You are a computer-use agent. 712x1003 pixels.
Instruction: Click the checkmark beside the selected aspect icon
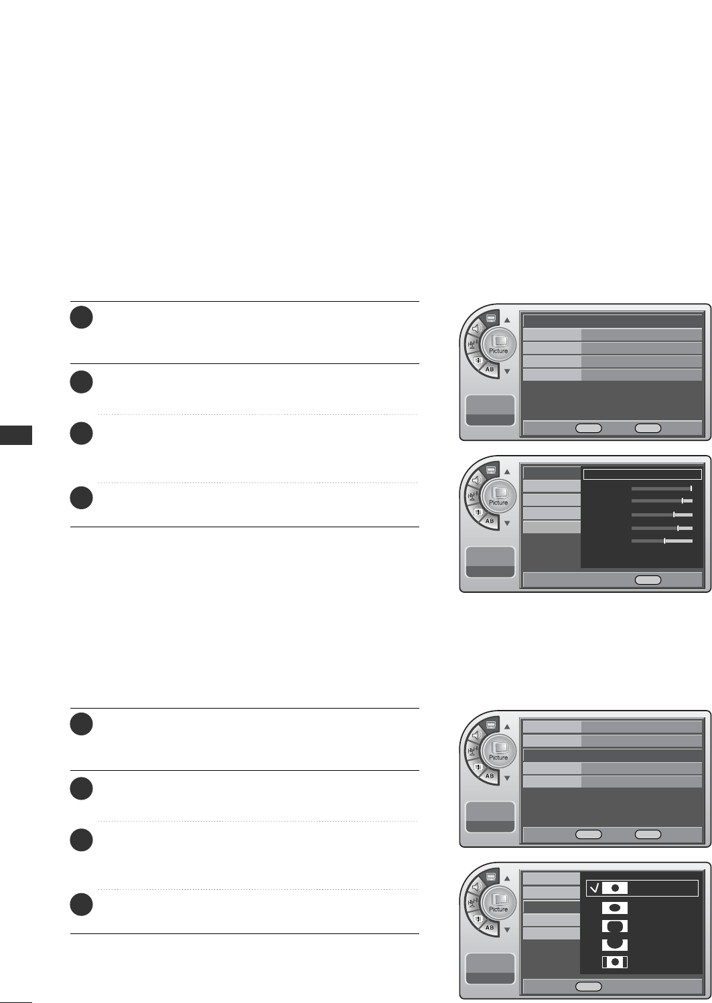click(594, 888)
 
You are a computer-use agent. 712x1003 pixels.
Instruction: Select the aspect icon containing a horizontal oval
click(614, 908)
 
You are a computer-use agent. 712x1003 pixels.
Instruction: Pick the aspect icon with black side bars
click(614, 962)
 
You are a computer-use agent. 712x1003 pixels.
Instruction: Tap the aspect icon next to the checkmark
click(614, 888)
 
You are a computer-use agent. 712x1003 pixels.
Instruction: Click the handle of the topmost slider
click(691, 488)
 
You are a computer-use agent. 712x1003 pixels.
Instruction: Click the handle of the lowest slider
click(664, 541)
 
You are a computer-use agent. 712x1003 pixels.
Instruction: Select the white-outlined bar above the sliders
click(642, 474)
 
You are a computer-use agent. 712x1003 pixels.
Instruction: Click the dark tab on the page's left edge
click(15, 434)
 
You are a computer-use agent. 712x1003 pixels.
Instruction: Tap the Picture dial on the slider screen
click(498, 498)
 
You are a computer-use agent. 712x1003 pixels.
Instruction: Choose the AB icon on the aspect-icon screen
click(489, 928)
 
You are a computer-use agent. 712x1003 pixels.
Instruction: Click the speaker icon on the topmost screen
click(476, 329)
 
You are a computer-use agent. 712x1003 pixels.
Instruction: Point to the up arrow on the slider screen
click(507, 472)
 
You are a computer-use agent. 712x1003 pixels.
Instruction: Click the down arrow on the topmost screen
click(507, 371)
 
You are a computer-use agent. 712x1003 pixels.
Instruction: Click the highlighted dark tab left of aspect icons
click(551, 907)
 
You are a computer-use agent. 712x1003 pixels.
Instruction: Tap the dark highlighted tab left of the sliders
click(551, 474)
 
